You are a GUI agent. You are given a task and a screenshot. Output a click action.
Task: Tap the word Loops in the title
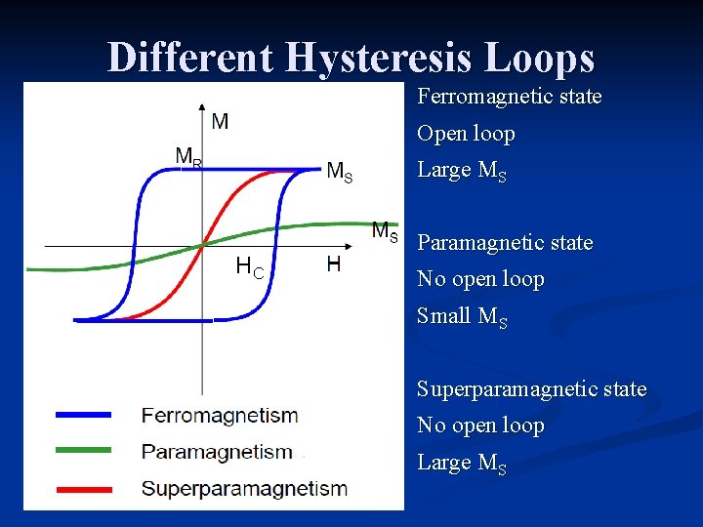pos(545,58)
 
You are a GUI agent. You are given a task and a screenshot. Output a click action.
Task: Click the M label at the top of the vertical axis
pos(220,121)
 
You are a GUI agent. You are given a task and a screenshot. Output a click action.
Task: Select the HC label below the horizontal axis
pos(250,265)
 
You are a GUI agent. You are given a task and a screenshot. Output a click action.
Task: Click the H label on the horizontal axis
pos(333,264)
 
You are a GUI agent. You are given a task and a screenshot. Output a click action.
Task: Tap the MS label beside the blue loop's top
pos(339,173)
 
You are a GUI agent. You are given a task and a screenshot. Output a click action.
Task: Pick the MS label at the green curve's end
pos(385,232)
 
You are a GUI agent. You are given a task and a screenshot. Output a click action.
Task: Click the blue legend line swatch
pos(84,415)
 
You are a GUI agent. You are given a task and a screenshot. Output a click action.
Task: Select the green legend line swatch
pos(84,452)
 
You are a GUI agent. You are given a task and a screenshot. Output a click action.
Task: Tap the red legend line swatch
pos(84,489)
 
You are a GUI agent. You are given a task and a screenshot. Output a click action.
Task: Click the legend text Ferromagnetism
pos(220,415)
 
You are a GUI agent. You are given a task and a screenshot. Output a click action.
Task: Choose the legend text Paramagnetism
pos(217,452)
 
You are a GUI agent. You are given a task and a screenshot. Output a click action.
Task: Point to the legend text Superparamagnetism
pos(244,489)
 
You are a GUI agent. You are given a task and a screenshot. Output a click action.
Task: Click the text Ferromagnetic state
pos(509,97)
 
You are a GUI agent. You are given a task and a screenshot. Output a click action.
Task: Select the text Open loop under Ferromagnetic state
pos(466,134)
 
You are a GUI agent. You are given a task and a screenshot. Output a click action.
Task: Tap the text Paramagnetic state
pos(505,242)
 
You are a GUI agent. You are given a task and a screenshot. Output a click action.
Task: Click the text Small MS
pos(462,316)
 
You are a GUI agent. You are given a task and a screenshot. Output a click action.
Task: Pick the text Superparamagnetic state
pos(531,388)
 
